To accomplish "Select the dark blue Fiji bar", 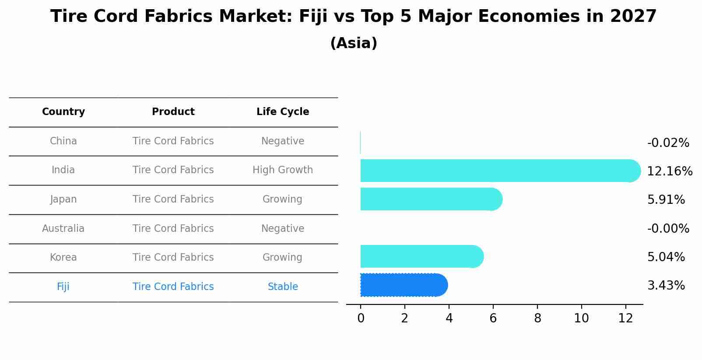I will pos(403,285).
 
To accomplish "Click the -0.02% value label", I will pos(668,143).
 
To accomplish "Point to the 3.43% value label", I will pos(666,286).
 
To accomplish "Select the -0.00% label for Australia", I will pos(668,228).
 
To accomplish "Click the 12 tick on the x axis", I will pos(625,318).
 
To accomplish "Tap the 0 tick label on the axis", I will pos(361,318).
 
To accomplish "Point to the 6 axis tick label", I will pos(493,318).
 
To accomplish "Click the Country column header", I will pos(63,112).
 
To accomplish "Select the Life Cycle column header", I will pos(283,112).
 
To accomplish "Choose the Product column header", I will pos(173,112).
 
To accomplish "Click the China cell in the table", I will pos(63,141).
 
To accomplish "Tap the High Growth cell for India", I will pos(283,170).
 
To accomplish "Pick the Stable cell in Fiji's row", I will pos(283,287).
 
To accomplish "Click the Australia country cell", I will pos(63,229).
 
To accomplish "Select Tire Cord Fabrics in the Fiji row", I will pos(173,287).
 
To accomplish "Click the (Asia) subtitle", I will pos(354,43).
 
